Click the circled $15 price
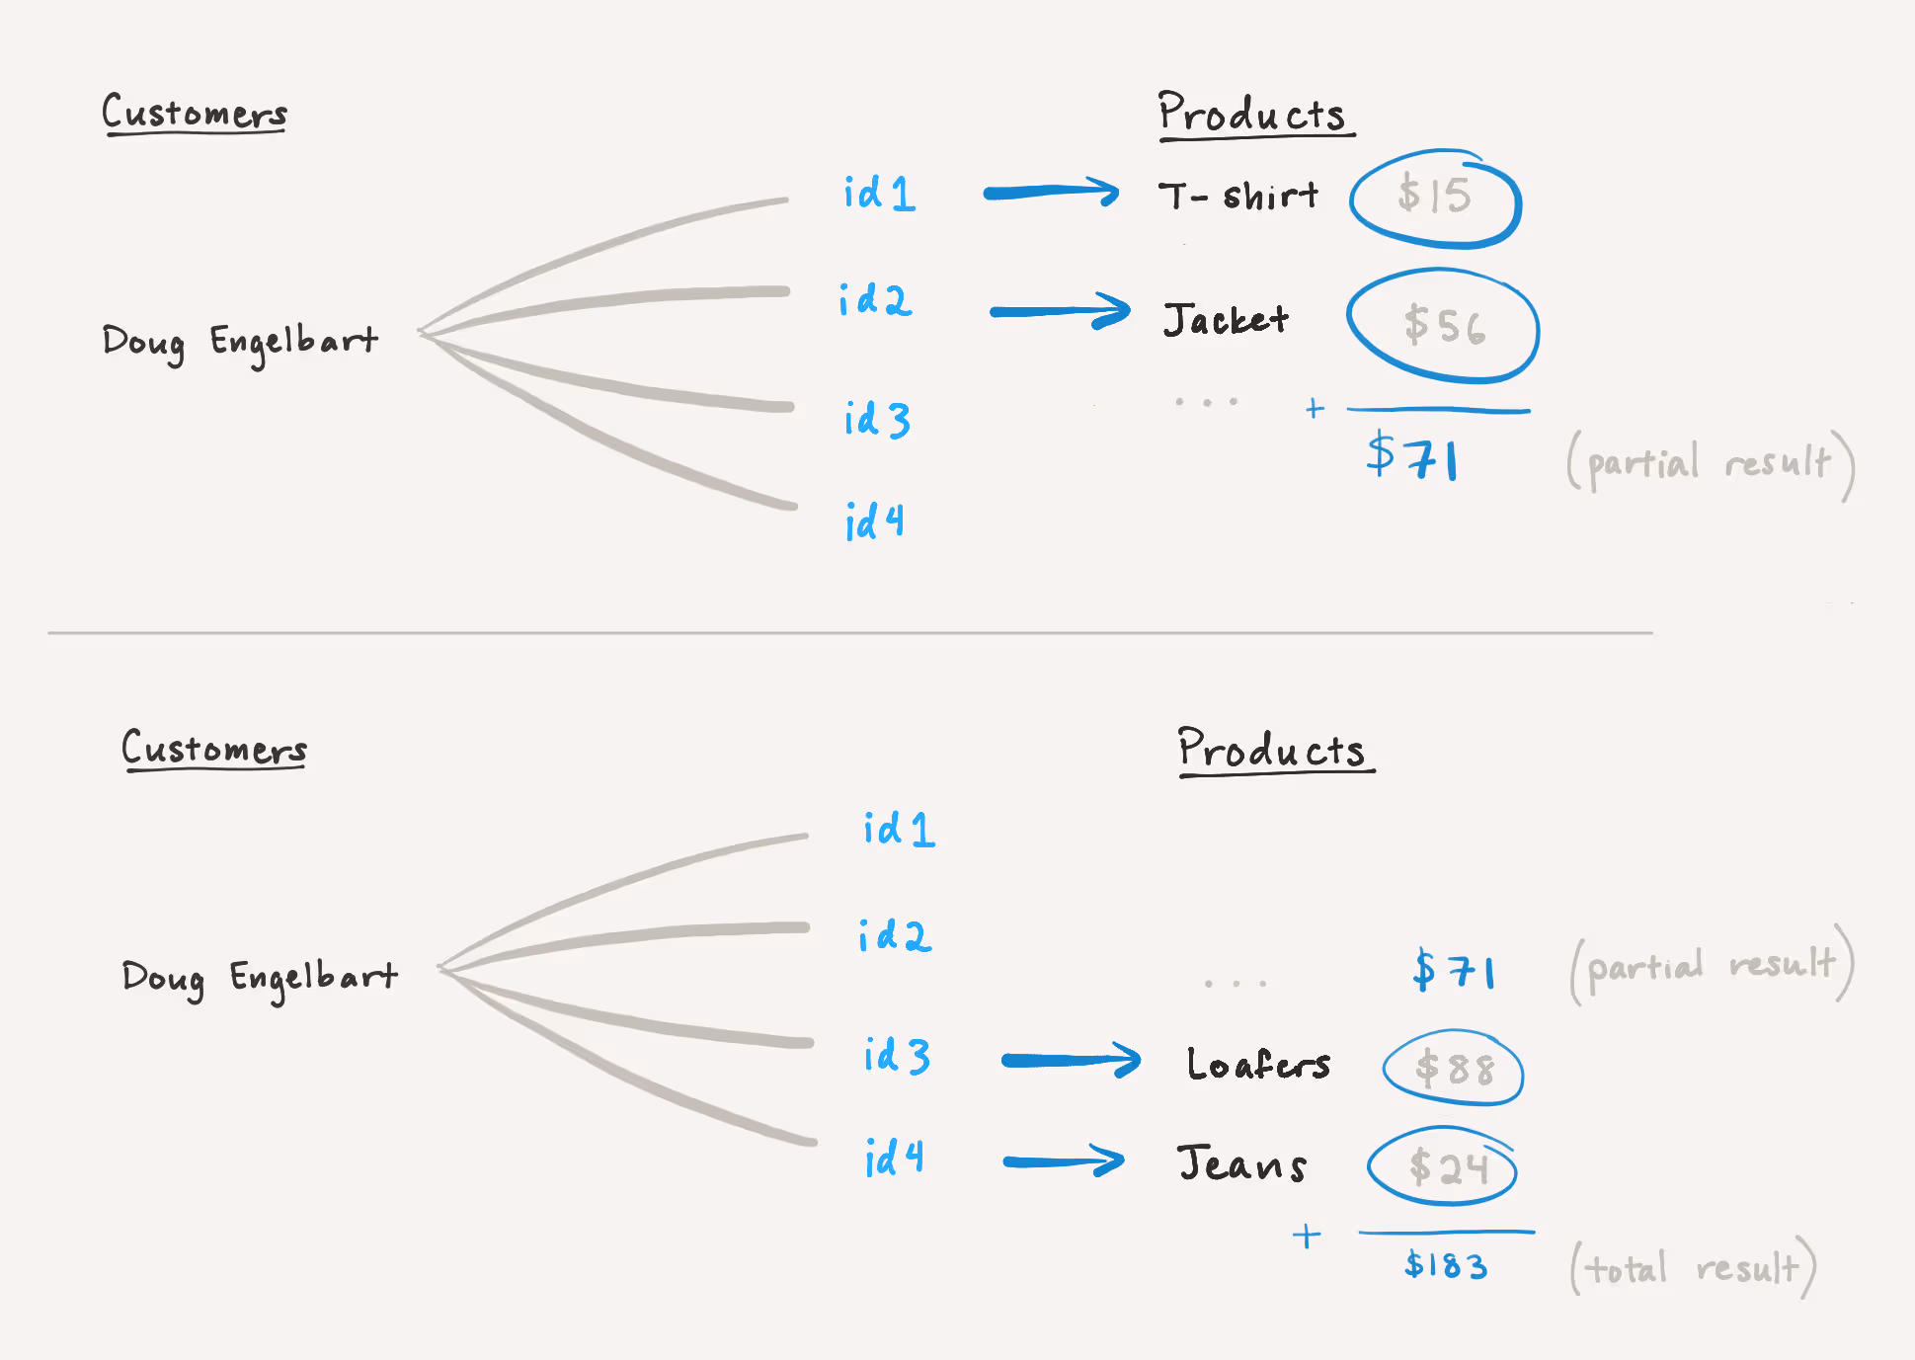point(1435,196)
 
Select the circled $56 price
point(1443,325)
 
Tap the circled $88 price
point(1454,1068)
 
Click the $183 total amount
point(1446,1265)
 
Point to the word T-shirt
point(1238,196)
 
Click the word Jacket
point(1226,319)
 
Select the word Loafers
point(1258,1064)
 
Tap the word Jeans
point(1241,1162)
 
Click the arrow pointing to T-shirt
point(1051,192)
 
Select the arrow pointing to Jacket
point(1060,311)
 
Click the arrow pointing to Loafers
point(1072,1060)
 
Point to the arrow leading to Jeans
point(1064,1160)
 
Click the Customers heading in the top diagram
point(195,113)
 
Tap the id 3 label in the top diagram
point(877,419)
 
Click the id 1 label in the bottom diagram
point(899,829)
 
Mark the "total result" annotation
point(1693,1267)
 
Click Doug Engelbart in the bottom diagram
point(260,978)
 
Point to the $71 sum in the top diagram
point(1412,456)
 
